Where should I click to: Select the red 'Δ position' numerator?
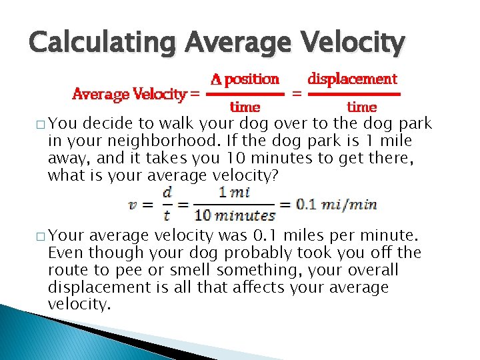245,79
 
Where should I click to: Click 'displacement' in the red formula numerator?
352,79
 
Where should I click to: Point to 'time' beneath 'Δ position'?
245,107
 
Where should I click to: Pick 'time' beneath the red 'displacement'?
362,107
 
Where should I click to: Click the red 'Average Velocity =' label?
135,94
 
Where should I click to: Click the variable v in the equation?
133,204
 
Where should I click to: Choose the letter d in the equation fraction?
167,193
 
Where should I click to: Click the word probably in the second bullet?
217,253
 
